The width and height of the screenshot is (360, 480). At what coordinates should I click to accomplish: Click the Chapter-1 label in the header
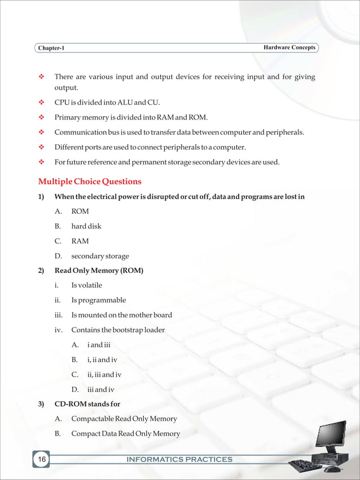(51, 48)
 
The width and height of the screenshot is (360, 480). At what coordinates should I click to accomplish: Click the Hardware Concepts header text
(289, 47)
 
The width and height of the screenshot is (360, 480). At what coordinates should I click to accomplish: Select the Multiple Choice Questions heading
(90, 182)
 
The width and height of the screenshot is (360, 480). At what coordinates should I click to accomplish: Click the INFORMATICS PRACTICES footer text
(179, 460)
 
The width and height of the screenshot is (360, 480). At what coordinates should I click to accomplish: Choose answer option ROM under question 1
(80, 212)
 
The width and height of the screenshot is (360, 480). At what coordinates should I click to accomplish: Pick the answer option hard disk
(86, 226)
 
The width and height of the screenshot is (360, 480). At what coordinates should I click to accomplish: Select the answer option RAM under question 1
(80, 241)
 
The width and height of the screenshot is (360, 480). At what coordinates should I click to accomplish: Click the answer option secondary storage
(100, 256)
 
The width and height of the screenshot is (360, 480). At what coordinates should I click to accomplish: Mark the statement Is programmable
(98, 300)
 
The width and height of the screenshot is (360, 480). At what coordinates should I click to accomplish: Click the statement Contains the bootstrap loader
(118, 330)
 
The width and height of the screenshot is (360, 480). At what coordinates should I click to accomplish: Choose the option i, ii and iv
(102, 359)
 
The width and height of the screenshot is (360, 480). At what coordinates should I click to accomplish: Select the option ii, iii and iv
(104, 375)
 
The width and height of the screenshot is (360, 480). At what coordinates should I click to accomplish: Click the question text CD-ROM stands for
(87, 404)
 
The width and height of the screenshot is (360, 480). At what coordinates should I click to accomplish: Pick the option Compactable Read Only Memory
(124, 419)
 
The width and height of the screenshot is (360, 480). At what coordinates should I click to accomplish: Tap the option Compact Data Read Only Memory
(125, 434)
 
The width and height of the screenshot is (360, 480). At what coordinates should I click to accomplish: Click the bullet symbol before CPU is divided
(41, 103)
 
